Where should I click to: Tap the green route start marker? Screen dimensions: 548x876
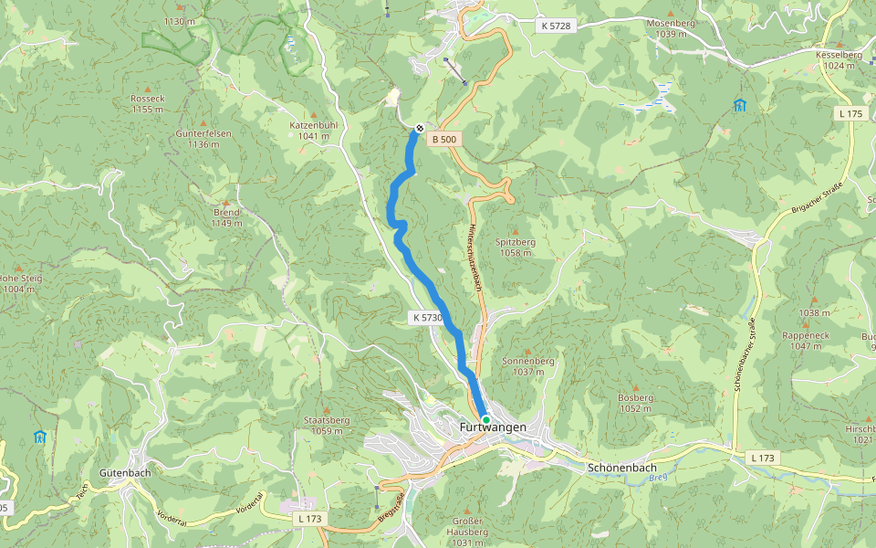[486, 420]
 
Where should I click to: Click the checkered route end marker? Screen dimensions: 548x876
[419, 129]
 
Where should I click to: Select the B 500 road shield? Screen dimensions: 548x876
[444, 139]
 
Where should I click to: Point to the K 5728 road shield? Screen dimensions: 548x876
[555, 26]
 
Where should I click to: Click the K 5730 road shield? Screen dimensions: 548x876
[426, 318]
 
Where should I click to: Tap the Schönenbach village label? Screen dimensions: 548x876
[621, 467]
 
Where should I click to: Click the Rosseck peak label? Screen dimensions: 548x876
[146, 98]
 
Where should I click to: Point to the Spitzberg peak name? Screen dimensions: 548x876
[515, 242]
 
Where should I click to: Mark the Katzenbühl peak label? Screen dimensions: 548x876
[313, 124]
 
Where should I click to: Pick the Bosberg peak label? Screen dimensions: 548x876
[635, 398]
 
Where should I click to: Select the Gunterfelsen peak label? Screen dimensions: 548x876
[203, 133]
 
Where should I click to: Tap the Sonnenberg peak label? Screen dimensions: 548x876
[528, 361]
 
